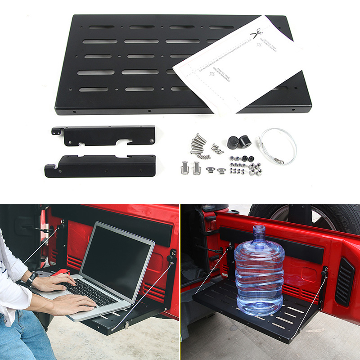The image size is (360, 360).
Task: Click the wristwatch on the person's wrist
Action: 32,279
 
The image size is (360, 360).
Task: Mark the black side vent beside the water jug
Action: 344,282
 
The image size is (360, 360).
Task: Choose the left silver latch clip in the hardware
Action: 185,167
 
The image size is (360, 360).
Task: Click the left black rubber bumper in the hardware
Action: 233,143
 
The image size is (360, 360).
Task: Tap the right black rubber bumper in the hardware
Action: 245,140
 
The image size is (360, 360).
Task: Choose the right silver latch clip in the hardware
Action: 197,168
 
